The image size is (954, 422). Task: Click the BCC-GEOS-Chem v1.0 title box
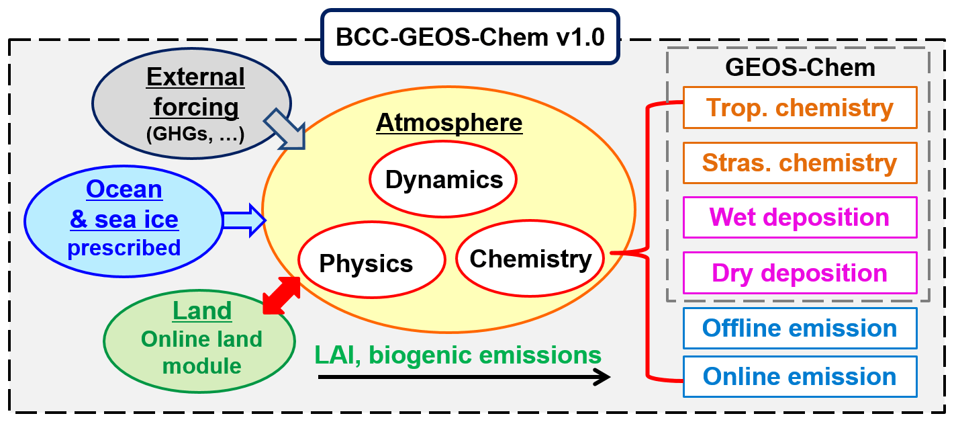(x=470, y=36)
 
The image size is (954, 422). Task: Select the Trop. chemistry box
(x=800, y=108)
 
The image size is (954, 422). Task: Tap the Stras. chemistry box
(x=800, y=163)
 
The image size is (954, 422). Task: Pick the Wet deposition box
(x=800, y=217)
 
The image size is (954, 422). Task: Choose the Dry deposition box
(x=800, y=273)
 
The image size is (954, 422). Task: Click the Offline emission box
(x=800, y=328)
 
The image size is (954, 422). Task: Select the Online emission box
(x=800, y=376)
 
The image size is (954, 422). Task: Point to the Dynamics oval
(x=443, y=179)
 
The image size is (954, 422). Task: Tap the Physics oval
(x=371, y=263)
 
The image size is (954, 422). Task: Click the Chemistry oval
(x=530, y=258)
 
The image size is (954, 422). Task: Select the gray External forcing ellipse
(x=191, y=105)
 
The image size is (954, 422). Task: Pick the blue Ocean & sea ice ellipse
(x=124, y=219)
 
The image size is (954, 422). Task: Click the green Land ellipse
(x=200, y=339)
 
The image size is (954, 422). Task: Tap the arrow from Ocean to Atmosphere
(x=244, y=220)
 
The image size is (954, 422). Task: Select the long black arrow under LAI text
(x=463, y=377)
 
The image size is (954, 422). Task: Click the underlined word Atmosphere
(x=449, y=122)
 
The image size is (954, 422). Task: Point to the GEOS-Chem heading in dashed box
(x=800, y=67)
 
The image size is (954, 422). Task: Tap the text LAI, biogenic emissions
(x=457, y=354)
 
